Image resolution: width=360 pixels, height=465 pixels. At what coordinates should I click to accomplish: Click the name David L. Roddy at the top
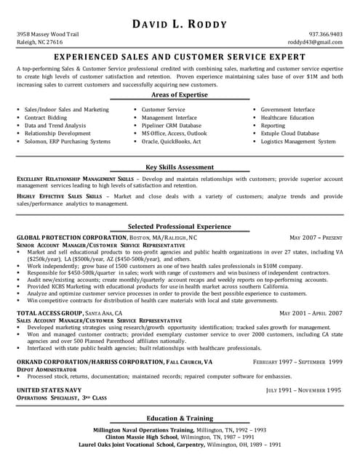point(180,25)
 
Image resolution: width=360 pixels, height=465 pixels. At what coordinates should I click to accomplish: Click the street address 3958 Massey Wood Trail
point(48,34)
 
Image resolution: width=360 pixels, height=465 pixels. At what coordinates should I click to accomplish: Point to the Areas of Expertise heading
point(180,94)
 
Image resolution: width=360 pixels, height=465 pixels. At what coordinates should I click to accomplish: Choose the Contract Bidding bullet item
point(46,118)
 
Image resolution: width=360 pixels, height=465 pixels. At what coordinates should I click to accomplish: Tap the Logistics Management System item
point(298,142)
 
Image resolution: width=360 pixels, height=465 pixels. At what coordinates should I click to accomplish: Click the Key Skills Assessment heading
point(180,166)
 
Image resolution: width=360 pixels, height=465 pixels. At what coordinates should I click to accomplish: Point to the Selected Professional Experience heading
point(180,226)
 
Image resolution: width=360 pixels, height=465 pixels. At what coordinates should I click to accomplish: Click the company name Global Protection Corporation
point(71,238)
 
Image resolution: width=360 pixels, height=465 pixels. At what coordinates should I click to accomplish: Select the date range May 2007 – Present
point(316,238)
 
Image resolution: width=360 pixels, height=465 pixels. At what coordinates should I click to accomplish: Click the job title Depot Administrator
point(44,369)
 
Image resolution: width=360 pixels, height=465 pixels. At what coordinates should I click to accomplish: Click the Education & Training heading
point(180,418)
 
